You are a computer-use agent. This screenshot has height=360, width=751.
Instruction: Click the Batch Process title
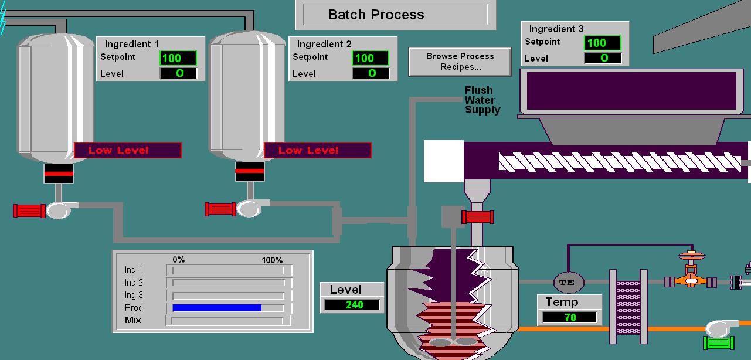(x=376, y=15)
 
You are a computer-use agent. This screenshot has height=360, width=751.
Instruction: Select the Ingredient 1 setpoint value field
(x=178, y=58)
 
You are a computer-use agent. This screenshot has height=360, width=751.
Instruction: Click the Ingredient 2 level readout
(x=371, y=73)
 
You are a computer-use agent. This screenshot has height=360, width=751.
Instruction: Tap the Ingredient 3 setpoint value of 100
(x=603, y=43)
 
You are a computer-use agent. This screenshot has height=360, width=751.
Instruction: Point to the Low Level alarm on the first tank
(x=127, y=151)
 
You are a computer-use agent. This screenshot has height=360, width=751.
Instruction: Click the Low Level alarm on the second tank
(x=317, y=151)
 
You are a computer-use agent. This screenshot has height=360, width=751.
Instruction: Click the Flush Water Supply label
(x=482, y=100)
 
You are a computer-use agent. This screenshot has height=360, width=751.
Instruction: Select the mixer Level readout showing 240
(x=352, y=305)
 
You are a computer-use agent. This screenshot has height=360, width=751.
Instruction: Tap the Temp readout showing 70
(x=569, y=318)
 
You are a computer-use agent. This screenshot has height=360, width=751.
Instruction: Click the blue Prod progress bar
(x=217, y=308)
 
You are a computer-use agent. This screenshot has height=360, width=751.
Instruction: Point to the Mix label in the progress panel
(x=133, y=320)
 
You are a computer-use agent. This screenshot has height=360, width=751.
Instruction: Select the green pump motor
(x=719, y=344)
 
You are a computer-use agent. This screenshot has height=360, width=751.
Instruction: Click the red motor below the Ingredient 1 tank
(x=29, y=210)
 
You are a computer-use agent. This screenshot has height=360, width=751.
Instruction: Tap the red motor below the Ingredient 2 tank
(x=220, y=209)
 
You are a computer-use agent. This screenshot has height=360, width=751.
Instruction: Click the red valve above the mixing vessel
(x=478, y=218)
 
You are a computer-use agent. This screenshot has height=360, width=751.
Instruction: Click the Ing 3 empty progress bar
(x=229, y=296)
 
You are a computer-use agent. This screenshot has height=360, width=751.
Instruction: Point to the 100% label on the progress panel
(x=271, y=260)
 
